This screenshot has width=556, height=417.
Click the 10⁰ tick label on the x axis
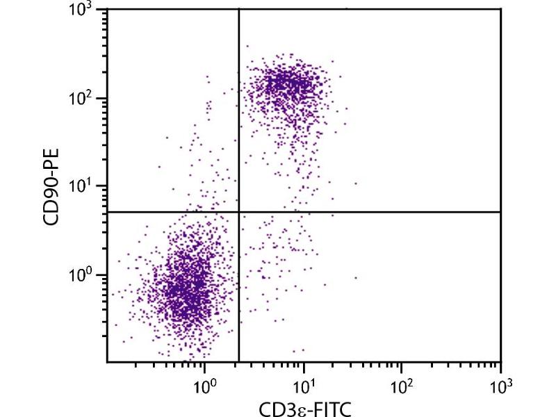click(x=204, y=384)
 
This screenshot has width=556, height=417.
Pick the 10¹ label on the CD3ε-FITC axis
click(x=303, y=384)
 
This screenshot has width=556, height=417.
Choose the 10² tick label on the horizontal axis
click(x=402, y=384)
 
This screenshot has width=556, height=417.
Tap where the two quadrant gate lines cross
click(x=239, y=212)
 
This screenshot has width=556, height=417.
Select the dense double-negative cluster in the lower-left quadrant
click(x=184, y=285)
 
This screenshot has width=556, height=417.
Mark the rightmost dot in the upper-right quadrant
click(x=356, y=183)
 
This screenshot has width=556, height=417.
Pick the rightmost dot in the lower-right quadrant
click(x=356, y=277)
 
